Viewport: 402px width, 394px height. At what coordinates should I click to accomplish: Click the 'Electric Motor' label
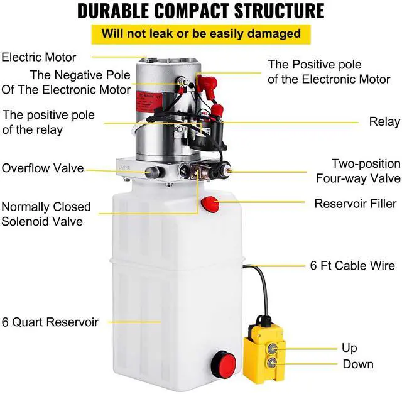pos(38,57)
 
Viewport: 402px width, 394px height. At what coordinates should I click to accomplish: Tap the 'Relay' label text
pos(384,121)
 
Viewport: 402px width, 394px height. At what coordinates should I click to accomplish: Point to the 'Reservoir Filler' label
pos(356,204)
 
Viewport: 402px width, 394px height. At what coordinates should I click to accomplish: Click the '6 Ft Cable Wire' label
pos(352,266)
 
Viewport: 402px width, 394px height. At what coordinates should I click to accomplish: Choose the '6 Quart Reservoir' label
pos(50,322)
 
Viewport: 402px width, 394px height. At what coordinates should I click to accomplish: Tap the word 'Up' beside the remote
pos(349,347)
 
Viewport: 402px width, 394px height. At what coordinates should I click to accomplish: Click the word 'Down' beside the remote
pos(358,364)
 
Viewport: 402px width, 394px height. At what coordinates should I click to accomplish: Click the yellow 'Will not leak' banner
pos(201,33)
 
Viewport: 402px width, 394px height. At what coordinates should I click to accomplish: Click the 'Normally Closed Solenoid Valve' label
pos(46,214)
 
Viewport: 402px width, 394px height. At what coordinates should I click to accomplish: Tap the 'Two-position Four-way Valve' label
pos(357,170)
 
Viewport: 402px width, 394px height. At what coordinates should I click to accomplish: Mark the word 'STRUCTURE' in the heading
pos(281,11)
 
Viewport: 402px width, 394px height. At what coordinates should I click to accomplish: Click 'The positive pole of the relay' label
pos(48,122)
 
